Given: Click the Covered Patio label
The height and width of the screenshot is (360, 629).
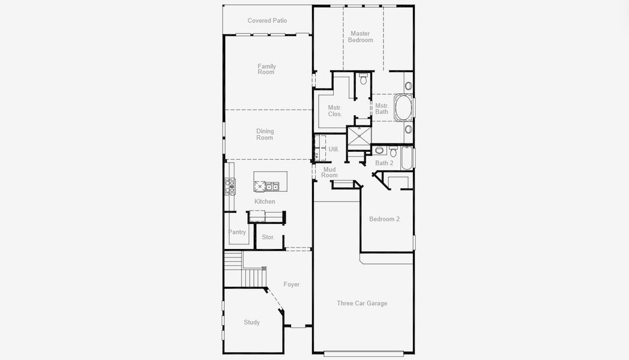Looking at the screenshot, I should coord(267,20).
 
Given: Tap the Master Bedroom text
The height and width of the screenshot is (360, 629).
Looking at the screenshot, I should coord(360,37).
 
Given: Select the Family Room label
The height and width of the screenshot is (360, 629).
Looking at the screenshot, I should coord(266,69).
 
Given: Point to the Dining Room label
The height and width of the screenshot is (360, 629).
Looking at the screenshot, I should coord(265,134).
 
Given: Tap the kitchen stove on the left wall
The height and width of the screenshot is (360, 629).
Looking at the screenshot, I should coord(229,187).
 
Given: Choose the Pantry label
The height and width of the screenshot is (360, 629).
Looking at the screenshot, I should coord(237,232).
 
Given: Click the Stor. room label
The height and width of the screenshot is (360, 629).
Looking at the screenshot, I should coord(268,237).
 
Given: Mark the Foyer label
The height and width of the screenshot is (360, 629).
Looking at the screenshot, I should coord(292,284).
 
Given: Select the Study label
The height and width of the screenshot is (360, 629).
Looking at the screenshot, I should coord(252,322).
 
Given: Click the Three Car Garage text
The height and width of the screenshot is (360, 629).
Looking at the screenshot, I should coord(362,303).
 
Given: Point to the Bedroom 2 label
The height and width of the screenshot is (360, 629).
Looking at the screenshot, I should coord(384,219).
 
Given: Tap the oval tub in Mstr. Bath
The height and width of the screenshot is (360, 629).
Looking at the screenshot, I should coord(403,107).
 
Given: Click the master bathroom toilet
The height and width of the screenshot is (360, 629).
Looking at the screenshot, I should coord(363,79).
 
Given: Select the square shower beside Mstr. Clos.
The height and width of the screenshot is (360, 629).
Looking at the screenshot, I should coord(359,136).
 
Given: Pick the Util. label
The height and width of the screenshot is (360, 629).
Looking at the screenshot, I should coord(333,149).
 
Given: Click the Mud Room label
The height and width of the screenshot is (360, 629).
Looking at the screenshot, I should coord(330,172).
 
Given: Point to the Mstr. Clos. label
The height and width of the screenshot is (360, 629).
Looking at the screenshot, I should coord(334,110).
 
